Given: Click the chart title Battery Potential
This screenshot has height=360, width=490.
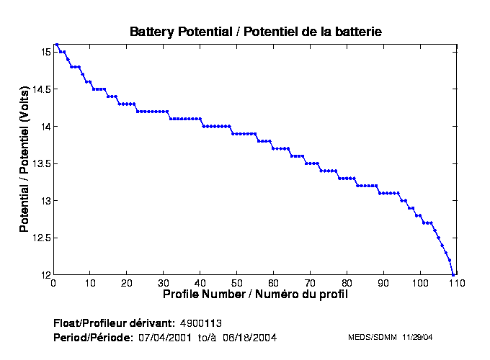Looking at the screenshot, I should coord(255,32).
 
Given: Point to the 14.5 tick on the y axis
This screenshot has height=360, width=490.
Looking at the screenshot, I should coord(39,89).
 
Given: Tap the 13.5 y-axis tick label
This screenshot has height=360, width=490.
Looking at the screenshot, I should coord(39,163).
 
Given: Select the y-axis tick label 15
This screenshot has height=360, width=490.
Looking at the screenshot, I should coord(44,53).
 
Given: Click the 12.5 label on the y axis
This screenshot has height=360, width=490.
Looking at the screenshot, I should coord(39,238).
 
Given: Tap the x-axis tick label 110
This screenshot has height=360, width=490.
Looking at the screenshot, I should coord(456,283).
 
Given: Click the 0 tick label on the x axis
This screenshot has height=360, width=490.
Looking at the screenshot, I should coord(53,283).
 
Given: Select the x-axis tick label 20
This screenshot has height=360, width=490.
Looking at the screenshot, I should coord(126,283).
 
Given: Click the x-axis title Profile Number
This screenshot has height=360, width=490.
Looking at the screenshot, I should coord(255,294).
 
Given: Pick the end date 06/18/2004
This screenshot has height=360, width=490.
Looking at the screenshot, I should coord(249,337).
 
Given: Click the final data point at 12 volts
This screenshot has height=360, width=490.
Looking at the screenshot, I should coord(453,274).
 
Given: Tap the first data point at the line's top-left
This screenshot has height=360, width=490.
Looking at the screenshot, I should coord(57,45).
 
